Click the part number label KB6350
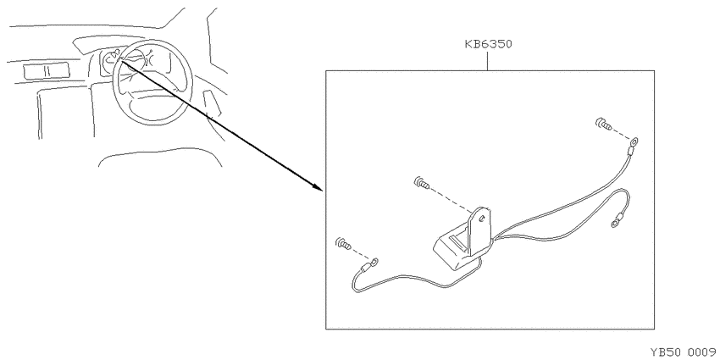(488, 45)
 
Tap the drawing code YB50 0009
(684, 352)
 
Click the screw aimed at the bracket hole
(422, 182)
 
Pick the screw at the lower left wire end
(343, 243)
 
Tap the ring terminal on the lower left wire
(374, 263)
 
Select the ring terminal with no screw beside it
(614, 224)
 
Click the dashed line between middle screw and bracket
(452, 202)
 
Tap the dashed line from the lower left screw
(360, 254)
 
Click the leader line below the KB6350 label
(488, 61)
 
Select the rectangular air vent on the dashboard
(46, 70)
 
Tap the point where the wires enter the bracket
(494, 238)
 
